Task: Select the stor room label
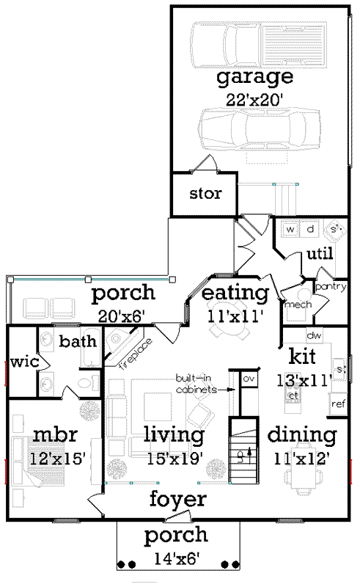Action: click(205, 194)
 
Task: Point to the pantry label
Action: click(331, 287)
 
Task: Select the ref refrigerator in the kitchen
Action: click(338, 403)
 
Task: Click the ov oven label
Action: click(248, 378)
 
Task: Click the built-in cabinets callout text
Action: click(196, 384)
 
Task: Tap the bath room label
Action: click(74, 342)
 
